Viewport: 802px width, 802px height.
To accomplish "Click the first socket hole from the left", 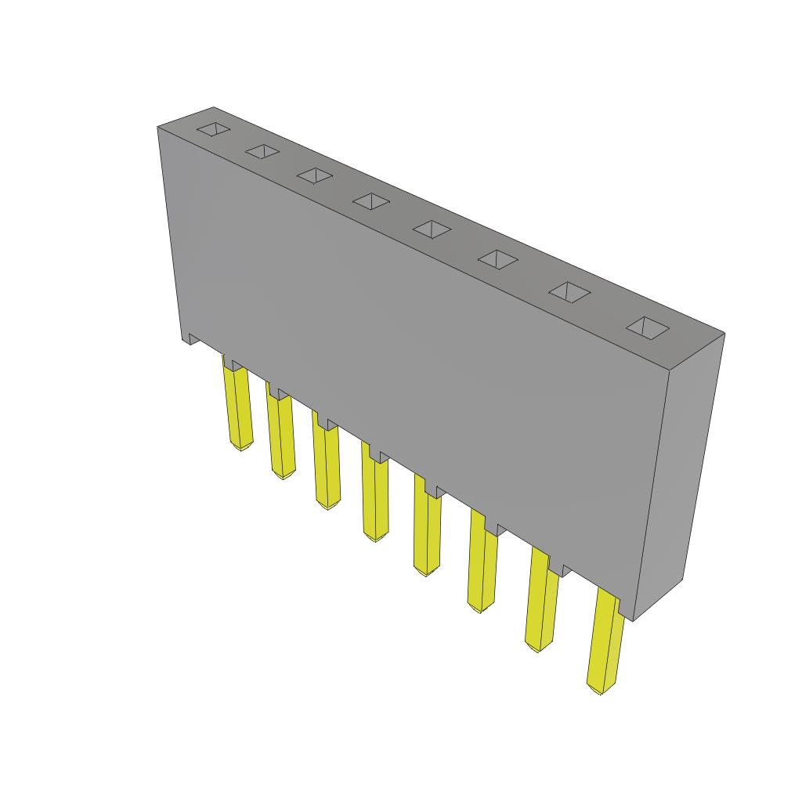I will coord(213,131).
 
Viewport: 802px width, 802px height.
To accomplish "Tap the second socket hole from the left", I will coord(262,152).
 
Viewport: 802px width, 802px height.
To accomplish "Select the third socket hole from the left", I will coord(315,176).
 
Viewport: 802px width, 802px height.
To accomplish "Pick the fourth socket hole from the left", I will coord(370,201).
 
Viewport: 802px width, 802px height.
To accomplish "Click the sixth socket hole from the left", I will coord(498,259).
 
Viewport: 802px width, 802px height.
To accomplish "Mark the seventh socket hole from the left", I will coord(569,292).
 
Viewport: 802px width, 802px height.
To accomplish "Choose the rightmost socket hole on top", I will coord(648,328).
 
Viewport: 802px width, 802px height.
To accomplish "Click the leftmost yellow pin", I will coord(239,407).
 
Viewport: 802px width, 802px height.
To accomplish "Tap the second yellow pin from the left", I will coord(280,435).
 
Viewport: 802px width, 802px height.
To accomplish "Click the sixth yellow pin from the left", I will coord(482,569).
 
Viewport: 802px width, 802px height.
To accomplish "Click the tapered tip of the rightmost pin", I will coord(599,688).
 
